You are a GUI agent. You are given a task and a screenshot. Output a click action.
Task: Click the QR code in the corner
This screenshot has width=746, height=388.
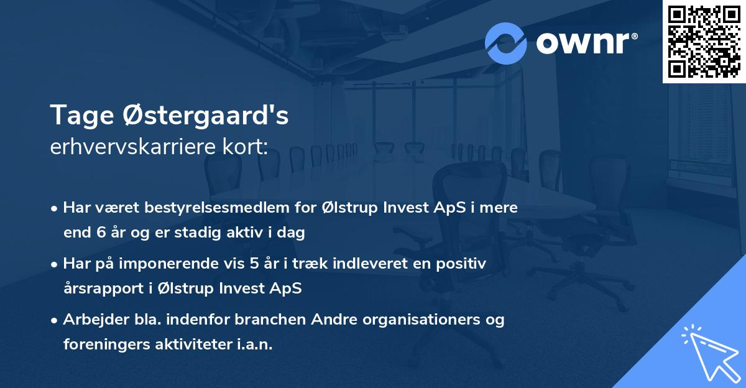[704, 41]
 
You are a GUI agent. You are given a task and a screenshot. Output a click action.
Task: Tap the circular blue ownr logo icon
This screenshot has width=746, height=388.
[506, 43]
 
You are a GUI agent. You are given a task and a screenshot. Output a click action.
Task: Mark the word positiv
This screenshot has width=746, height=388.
[463, 264]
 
